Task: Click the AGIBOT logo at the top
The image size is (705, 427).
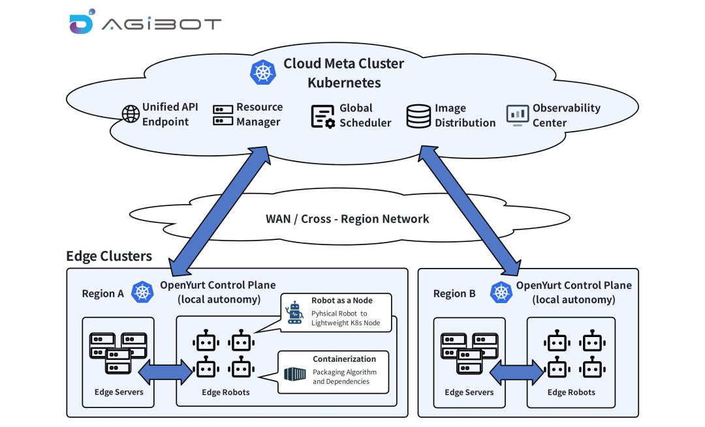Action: coord(145,23)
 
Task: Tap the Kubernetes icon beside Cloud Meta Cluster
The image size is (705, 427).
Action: coord(263,72)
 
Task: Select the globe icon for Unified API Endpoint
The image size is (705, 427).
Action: coord(131,114)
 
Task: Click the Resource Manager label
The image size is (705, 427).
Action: coord(259,114)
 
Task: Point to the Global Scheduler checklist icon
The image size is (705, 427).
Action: coord(322,116)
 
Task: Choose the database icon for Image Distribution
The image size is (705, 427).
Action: coord(418,115)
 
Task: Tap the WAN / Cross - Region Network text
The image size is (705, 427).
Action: coord(347,218)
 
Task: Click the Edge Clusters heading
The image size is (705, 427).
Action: coord(109,256)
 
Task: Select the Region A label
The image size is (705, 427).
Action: coord(102,293)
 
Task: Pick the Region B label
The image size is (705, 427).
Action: coord(454,293)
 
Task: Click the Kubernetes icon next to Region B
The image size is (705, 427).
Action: coord(501,292)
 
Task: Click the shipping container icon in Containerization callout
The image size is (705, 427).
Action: coord(294,374)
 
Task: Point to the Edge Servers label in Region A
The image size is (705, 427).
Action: coord(118,392)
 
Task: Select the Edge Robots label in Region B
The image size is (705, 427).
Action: coord(571,392)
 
